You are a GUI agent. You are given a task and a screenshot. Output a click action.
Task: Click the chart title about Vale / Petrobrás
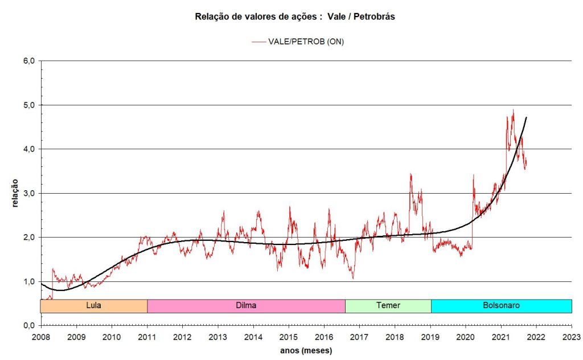295,17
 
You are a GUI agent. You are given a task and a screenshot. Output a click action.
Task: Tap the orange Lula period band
94,305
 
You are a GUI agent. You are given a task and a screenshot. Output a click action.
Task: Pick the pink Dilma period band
246,305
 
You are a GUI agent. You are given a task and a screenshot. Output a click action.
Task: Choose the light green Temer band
388,305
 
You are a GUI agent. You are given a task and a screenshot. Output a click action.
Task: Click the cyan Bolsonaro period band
501,305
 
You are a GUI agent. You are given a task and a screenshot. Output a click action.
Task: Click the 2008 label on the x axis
41,336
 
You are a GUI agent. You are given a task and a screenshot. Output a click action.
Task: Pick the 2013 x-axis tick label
218,336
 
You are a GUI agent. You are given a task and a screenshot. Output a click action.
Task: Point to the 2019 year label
430,336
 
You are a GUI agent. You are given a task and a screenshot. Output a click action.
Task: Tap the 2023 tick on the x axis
572,336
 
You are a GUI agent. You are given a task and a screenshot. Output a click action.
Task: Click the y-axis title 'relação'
15,193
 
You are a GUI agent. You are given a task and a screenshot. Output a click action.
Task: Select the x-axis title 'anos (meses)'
306,350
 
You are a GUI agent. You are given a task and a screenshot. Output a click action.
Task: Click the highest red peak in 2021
513,110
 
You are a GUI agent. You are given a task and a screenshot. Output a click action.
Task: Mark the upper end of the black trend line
526,117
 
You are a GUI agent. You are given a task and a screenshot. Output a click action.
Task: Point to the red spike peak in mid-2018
410,174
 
